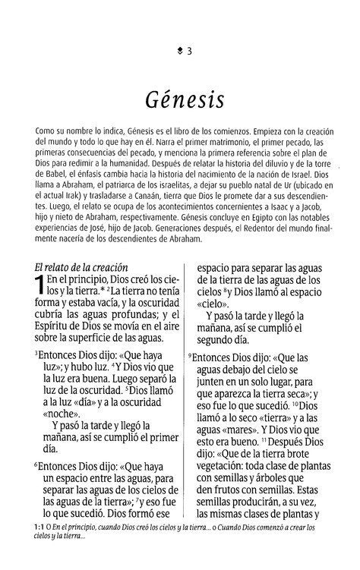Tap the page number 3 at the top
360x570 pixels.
(x=188, y=52)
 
